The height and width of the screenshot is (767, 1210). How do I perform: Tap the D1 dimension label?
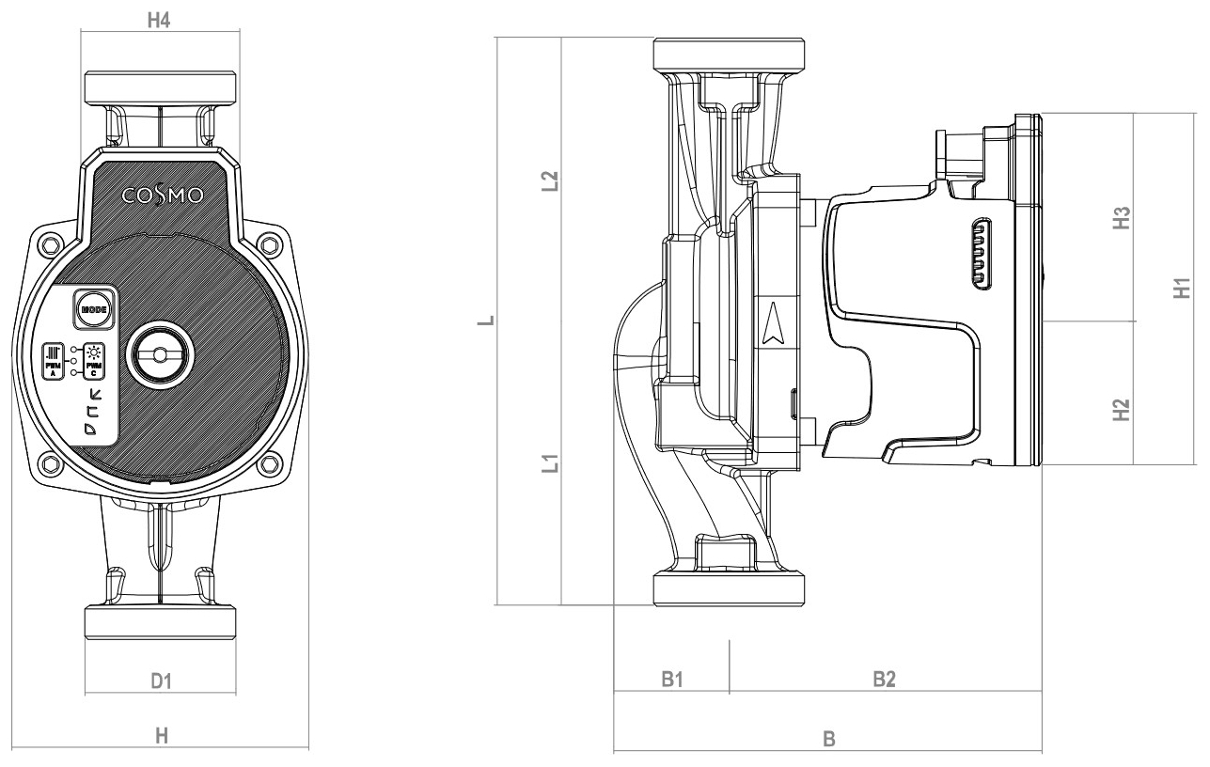click(x=161, y=679)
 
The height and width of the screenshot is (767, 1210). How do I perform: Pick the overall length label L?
click(x=483, y=321)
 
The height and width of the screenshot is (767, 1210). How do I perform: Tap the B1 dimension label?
click(x=670, y=679)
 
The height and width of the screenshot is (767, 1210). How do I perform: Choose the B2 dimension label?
click(x=883, y=679)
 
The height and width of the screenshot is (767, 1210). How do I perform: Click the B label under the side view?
click(x=828, y=739)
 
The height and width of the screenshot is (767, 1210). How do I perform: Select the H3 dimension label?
click(x=1120, y=218)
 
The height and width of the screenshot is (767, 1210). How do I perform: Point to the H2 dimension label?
click(x=1120, y=410)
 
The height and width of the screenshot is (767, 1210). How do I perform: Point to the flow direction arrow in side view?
click(x=774, y=325)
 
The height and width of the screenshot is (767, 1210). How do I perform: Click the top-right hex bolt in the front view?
click(x=271, y=246)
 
